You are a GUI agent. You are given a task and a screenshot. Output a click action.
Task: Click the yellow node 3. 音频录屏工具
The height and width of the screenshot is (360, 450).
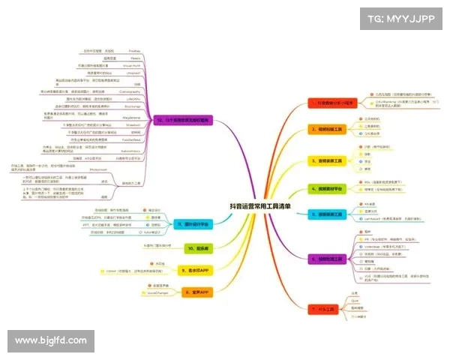point(329,160)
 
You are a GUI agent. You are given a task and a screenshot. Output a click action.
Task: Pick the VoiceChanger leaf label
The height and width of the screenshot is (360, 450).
point(148,292)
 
